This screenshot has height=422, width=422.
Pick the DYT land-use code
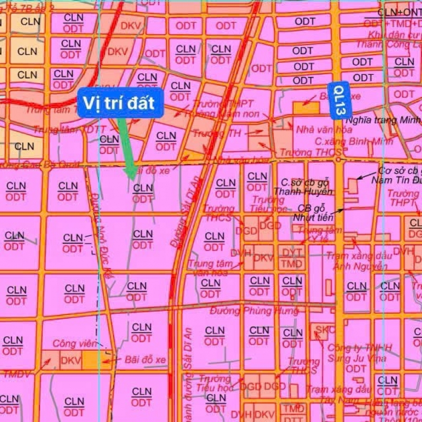point(290,252)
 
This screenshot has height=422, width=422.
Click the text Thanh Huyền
point(303,191)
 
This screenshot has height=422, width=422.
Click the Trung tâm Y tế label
point(316,235)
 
